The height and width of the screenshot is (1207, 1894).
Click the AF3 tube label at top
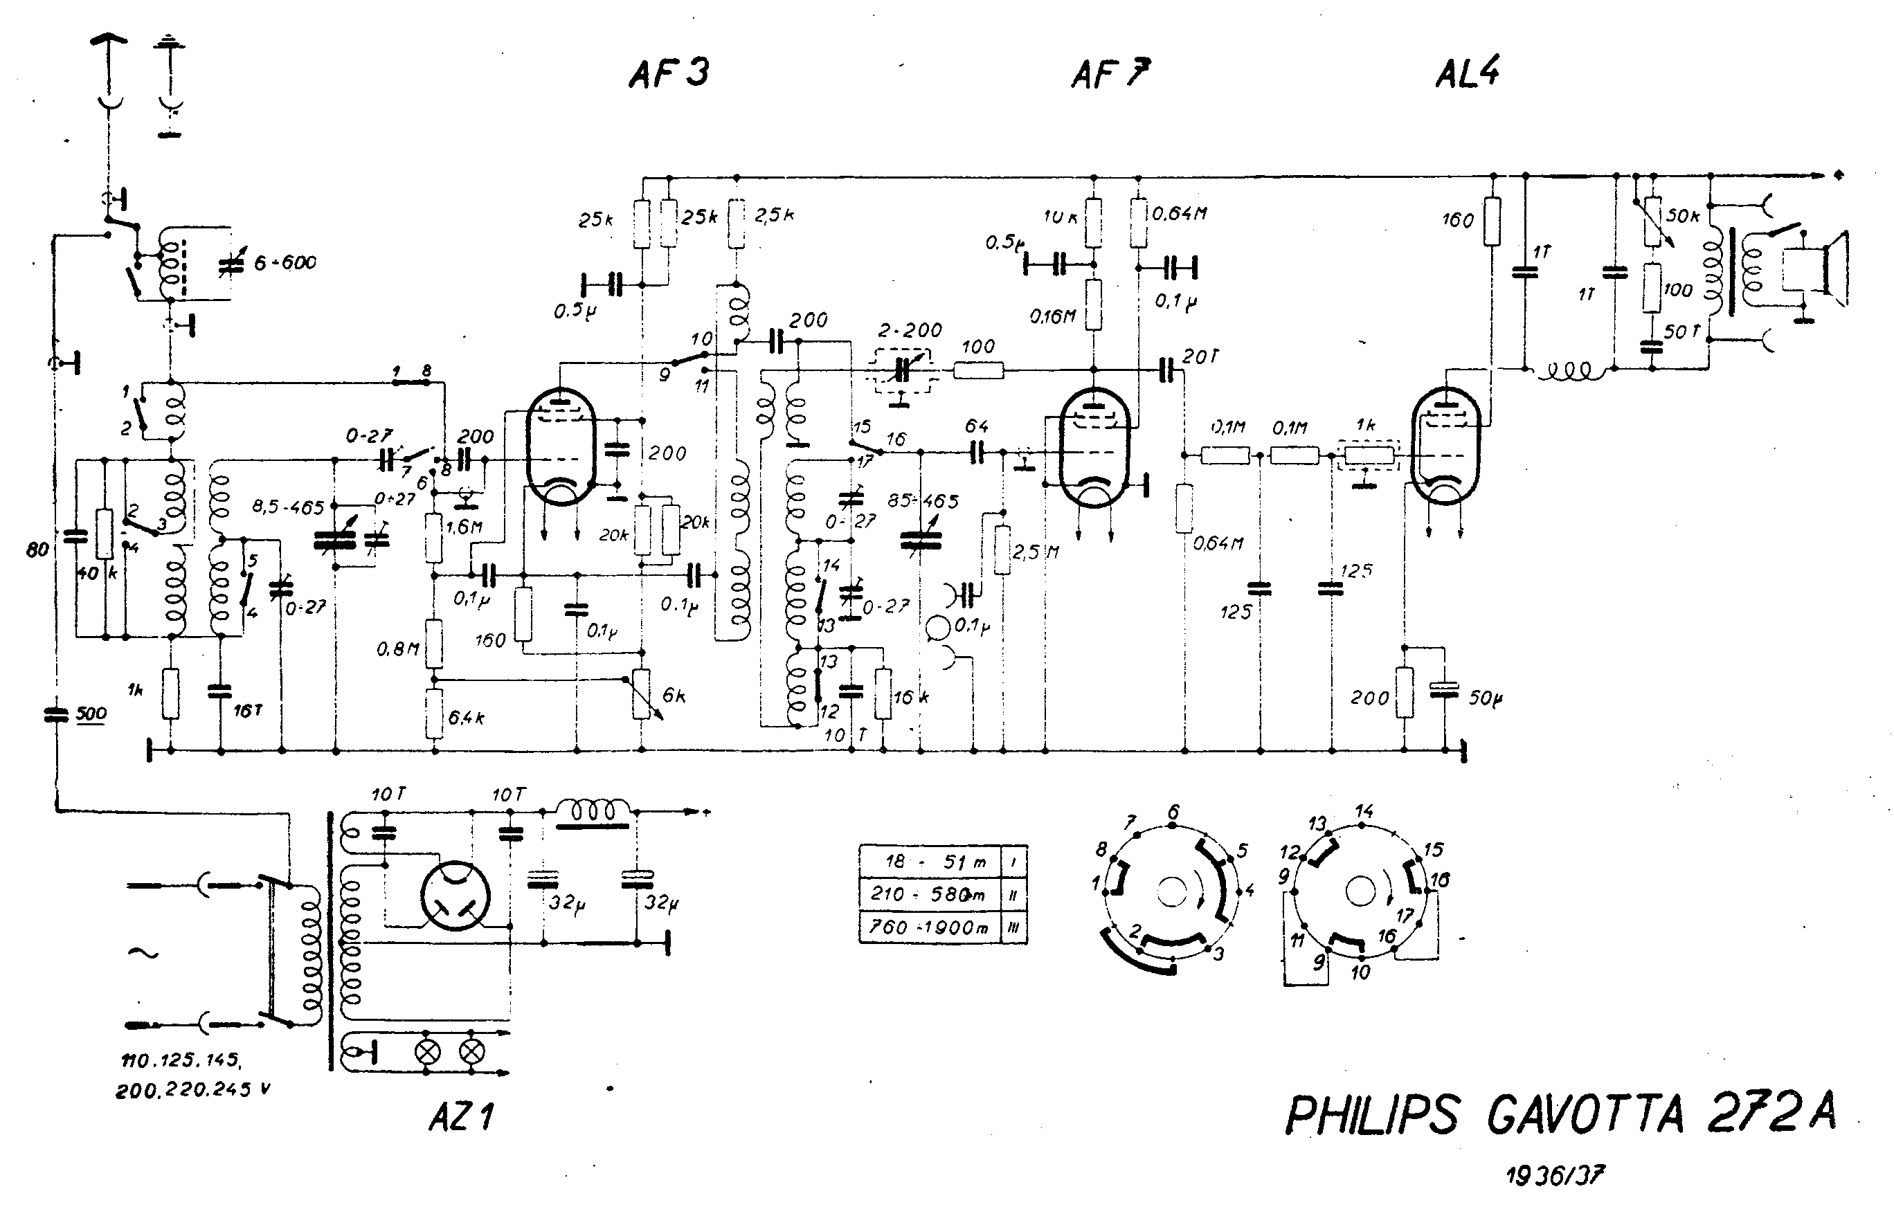[x=669, y=73]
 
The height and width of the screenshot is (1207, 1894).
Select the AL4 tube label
[x=1467, y=73]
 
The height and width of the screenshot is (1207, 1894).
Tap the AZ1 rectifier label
[x=461, y=1116]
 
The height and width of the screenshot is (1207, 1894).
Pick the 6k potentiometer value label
[x=674, y=695]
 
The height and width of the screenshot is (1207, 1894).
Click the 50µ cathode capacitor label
[x=1486, y=698]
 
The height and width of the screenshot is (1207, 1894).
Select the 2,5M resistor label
[x=1035, y=552]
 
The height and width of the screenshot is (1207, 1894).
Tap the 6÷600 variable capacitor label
[x=285, y=262]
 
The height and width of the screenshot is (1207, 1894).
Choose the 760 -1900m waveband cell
[x=928, y=927]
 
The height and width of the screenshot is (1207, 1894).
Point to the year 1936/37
[x=1554, y=1176]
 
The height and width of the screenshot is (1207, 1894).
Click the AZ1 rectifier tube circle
[x=455, y=896]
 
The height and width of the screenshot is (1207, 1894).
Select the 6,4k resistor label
[x=466, y=717]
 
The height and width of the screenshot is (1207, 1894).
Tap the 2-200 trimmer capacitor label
[x=910, y=330]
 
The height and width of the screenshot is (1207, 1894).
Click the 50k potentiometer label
[x=1682, y=215]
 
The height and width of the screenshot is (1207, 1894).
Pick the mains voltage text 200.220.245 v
[x=192, y=1090]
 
